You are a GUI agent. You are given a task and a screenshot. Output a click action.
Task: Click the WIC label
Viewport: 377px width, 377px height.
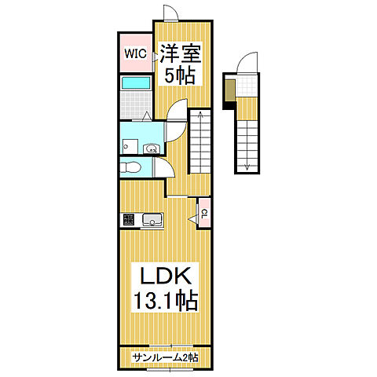[135, 53]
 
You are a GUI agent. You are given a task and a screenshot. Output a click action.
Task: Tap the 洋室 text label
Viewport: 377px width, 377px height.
[181, 53]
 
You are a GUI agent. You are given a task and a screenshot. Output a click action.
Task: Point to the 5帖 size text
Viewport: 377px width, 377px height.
[180, 75]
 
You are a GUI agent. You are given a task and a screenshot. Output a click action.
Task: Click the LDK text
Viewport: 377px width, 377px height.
[165, 276]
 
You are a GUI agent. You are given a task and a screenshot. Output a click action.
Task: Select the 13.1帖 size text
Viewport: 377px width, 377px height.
[166, 301]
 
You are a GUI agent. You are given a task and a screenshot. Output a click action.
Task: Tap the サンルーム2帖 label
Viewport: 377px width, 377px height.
[165, 357]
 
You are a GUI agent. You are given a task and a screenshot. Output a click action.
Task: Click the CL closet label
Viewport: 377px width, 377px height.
[204, 214]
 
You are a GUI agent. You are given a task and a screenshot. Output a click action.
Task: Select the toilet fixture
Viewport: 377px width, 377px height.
[130, 167]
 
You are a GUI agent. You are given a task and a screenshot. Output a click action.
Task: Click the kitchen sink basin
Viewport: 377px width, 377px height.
[152, 219]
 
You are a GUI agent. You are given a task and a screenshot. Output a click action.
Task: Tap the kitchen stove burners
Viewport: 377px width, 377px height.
[129, 219]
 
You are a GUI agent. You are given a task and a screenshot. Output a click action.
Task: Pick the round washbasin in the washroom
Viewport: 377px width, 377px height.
[151, 149]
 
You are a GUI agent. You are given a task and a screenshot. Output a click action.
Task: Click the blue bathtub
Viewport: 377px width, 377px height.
[136, 83]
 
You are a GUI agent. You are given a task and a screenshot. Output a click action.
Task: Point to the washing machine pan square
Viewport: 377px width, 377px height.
[130, 147]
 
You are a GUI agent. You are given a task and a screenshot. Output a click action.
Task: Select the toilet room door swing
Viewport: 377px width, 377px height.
[165, 167]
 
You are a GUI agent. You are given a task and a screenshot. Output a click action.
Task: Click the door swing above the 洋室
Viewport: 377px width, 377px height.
[171, 13]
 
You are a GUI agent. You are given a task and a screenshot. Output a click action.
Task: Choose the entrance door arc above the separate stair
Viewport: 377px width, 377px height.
[247, 62]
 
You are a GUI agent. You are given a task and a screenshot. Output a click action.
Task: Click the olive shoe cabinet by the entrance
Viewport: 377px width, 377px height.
[230, 90]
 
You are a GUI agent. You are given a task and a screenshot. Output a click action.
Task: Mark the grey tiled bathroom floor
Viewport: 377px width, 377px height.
[136, 104]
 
